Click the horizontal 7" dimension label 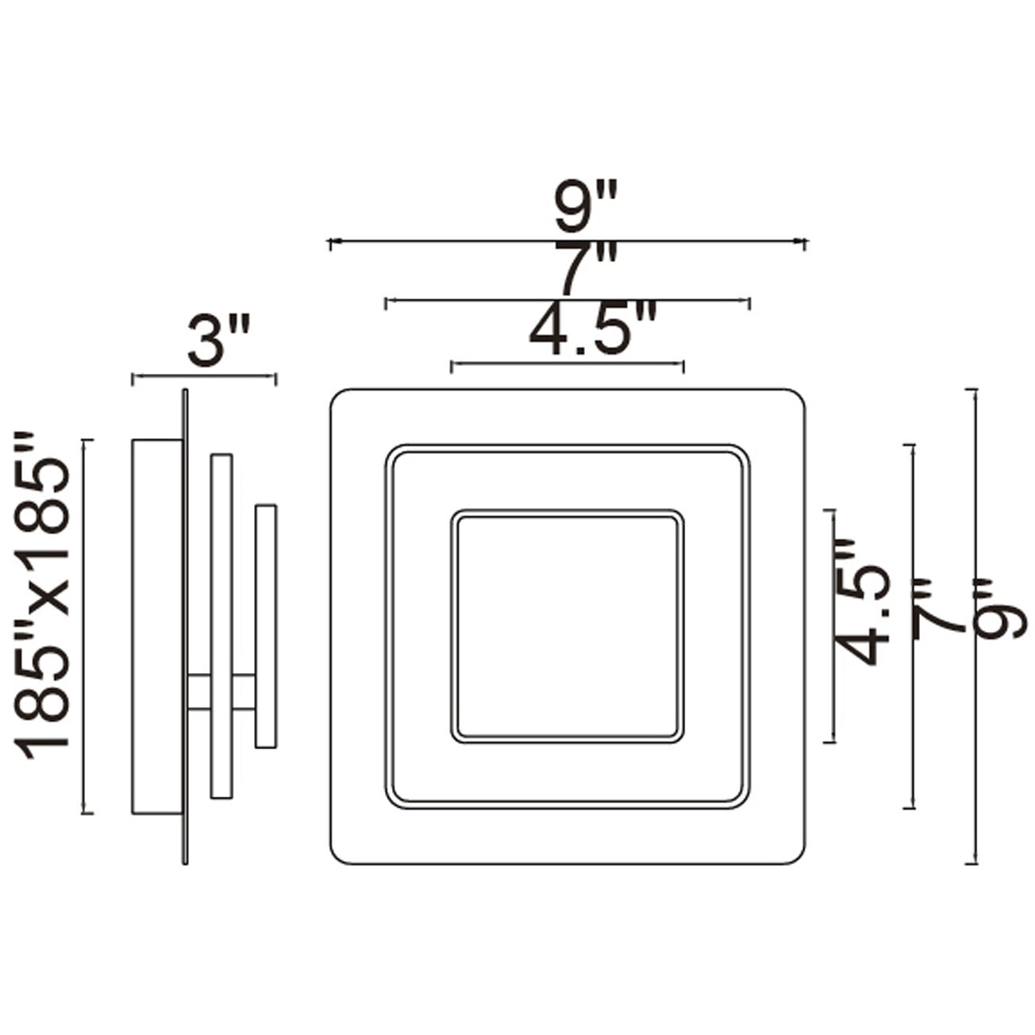pyautogui.click(x=585, y=270)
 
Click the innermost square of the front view pyautogui.click(x=568, y=626)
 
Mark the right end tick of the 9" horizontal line pyautogui.click(x=805, y=243)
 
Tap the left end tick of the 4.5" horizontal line pyautogui.click(x=452, y=366)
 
